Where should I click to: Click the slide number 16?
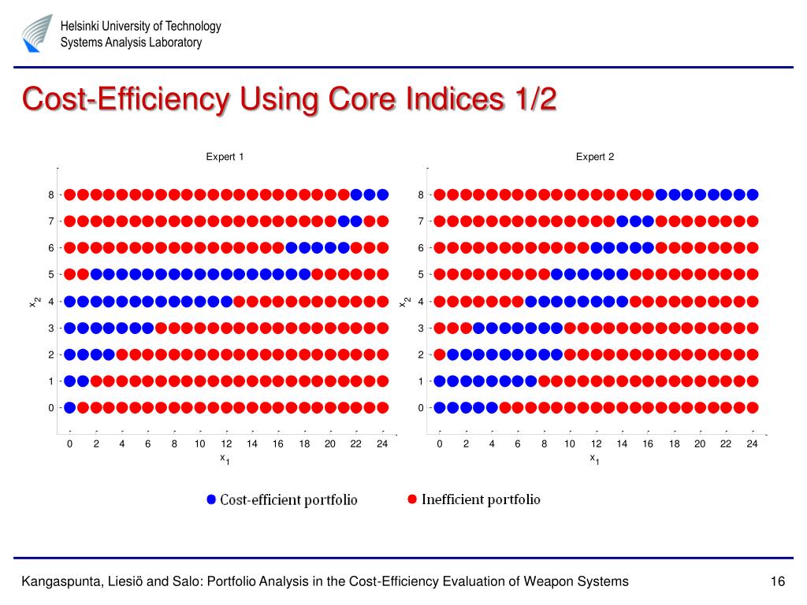coord(778,582)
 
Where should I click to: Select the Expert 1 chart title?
coord(225,157)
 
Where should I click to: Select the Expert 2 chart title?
coord(595,157)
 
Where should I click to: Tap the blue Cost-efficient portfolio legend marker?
coord(210,499)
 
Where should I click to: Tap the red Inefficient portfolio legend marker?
coord(411,499)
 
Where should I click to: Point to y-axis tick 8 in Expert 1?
coord(50,195)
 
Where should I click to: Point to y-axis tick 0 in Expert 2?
coord(421,408)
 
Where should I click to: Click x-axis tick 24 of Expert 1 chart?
coord(382,444)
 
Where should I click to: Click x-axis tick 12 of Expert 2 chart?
coord(596,444)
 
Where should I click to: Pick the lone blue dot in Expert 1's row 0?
coord(69,408)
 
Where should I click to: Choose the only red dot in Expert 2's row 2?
coord(440,354)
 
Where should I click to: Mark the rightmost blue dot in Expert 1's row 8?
coord(382,195)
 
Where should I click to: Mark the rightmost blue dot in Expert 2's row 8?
coord(752,195)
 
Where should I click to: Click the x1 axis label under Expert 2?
coord(594,458)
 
